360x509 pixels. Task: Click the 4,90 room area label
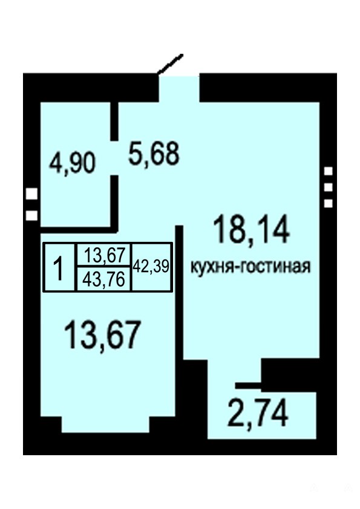click(x=72, y=164)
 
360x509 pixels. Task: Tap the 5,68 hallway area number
click(x=154, y=154)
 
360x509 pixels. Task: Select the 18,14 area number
click(x=251, y=230)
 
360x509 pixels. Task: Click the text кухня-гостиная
click(x=250, y=267)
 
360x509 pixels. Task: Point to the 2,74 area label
click(x=258, y=413)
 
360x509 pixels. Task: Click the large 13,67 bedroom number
click(x=103, y=334)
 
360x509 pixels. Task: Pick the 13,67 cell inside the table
click(x=104, y=254)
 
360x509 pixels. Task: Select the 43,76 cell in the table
click(x=104, y=279)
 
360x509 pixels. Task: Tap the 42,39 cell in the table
click(x=151, y=267)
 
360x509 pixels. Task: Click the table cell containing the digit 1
click(x=59, y=267)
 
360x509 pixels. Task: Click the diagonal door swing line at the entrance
click(x=169, y=64)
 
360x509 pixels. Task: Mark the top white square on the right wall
click(x=329, y=171)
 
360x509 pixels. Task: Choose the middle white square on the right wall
click(x=329, y=187)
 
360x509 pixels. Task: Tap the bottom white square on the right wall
click(x=329, y=204)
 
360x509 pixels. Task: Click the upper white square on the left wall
click(x=32, y=194)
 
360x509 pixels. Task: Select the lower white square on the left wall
click(x=32, y=216)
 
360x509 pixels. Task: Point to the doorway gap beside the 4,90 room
click(x=114, y=158)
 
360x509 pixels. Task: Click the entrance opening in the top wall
click(x=178, y=88)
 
